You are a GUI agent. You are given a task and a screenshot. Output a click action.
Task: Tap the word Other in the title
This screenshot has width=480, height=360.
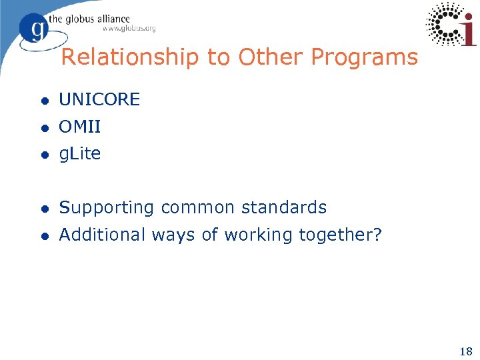[x=266, y=57]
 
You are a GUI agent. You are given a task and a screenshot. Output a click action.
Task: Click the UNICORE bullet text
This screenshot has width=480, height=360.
[x=99, y=100]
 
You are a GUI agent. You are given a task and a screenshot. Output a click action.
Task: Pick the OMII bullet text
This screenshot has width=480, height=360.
[x=79, y=127]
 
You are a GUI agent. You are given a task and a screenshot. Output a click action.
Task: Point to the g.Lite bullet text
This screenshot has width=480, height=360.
[x=79, y=154]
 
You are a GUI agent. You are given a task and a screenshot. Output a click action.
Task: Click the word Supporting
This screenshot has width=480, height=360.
[x=107, y=208]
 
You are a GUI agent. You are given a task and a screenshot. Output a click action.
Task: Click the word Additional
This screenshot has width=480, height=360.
[x=102, y=235]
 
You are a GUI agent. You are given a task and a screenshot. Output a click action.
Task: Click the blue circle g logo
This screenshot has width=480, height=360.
[x=33, y=29]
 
